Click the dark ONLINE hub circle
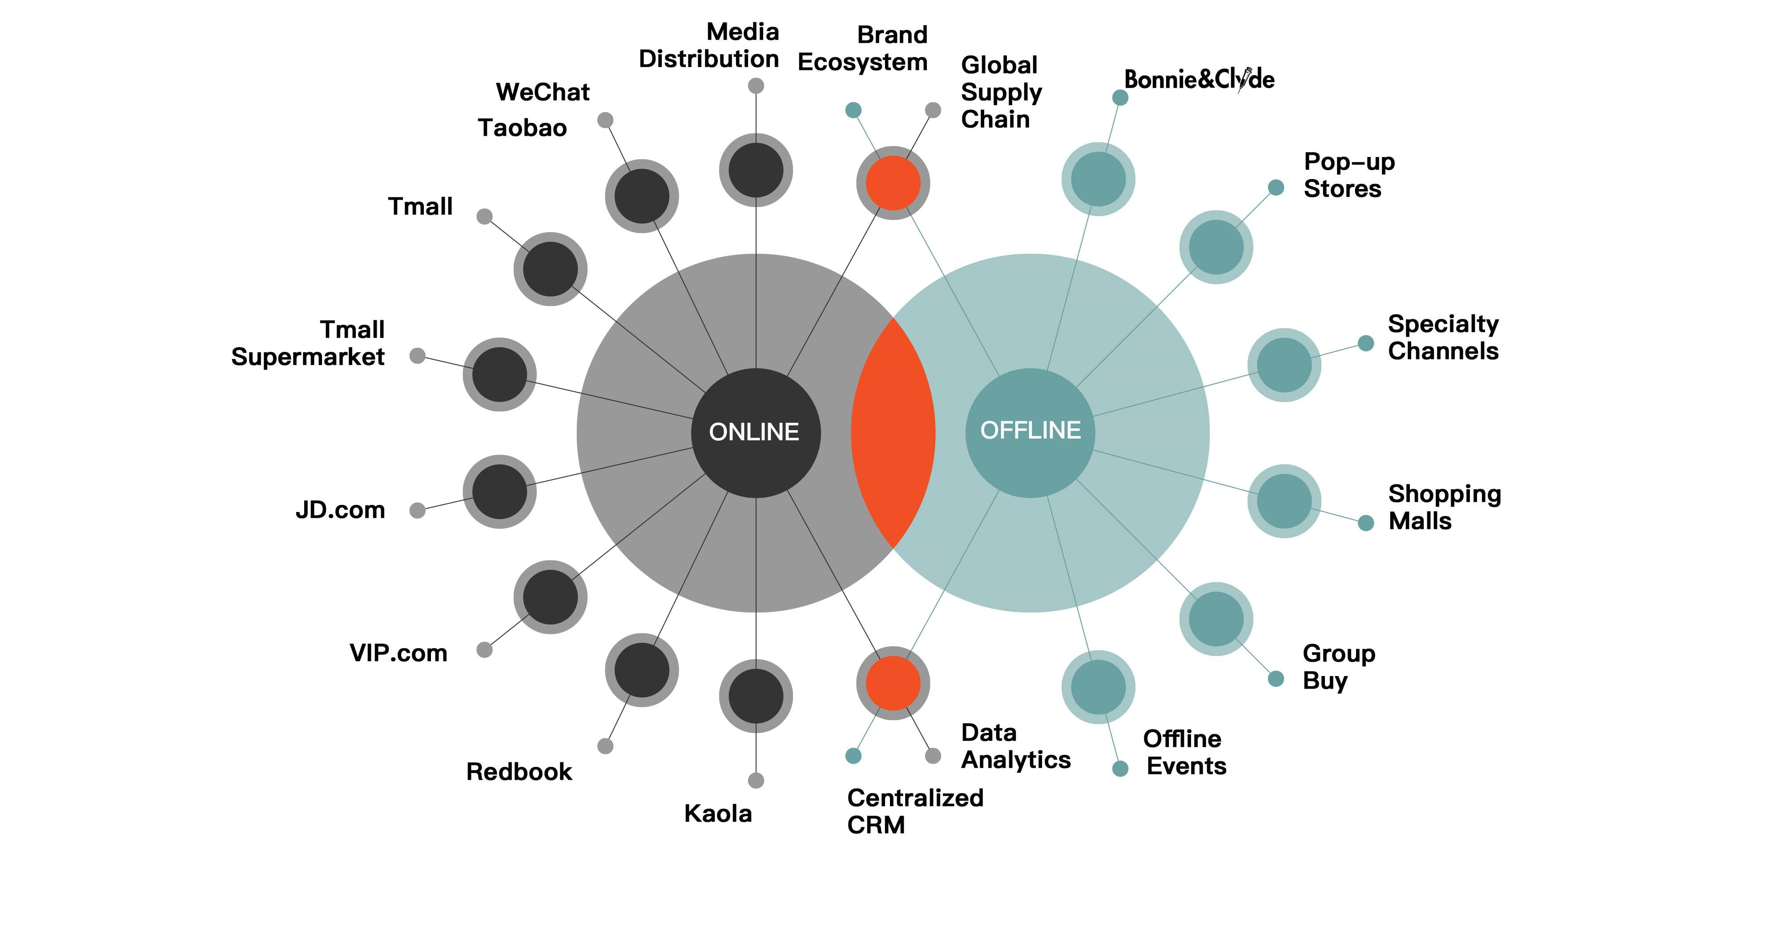pyautogui.click(x=756, y=433)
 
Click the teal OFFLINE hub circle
pyautogui.click(x=1030, y=433)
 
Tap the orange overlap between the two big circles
pyautogui.click(x=893, y=433)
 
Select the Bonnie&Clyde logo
pyautogui.click(x=1199, y=80)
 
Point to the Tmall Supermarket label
pyautogui.click(x=308, y=343)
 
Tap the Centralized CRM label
pyautogui.click(x=915, y=811)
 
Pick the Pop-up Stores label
pyautogui.click(x=1349, y=175)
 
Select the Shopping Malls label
pyautogui.click(x=1444, y=507)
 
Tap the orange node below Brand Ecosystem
pyautogui.click(x=893, y=183)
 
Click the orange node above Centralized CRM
pyautogui.click(x=893, y=683)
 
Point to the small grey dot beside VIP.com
pyautogui.click(x=485, y=650)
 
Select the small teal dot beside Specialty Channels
pyautogui.click(x=1366, y=343)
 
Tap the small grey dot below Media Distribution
pyautogui.click(x=756, y=86)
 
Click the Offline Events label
pyautogui.click(x=1184, y=753)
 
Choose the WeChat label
pyautogui.click(x=543, y=92)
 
